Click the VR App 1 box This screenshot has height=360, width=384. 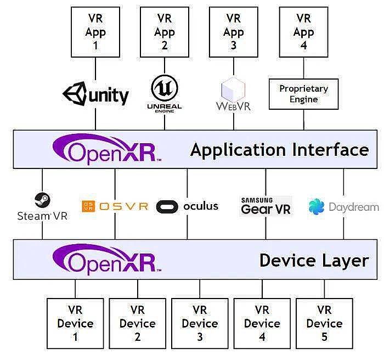coord(95,32)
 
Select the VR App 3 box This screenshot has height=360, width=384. coord(233,32)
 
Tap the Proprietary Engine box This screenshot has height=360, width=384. coord(304,94)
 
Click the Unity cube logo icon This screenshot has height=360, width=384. coord(75,94)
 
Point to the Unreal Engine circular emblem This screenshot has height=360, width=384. coord(165,88)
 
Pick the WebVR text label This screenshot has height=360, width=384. coord(233,106)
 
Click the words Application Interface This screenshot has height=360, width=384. coord(279,150)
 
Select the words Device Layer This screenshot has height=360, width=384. coord(314,260)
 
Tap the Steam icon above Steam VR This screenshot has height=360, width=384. coord(42,200)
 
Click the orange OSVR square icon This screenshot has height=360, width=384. coord(88,206)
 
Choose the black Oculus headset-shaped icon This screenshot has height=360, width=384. coord(167,206)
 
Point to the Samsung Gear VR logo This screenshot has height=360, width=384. coord(266,206)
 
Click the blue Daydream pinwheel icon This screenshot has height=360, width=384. coord(317,207)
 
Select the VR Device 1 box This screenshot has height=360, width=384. coord(75,323)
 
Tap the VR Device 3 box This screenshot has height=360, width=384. coord(200,323)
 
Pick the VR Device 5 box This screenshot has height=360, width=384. coord(324,323)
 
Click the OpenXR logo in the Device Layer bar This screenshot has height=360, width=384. coord(107,260)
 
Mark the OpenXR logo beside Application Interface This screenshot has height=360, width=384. coord(107,149)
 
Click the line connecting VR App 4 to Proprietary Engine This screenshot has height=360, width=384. coord(304,68)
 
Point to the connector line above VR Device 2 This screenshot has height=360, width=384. coord(137,289)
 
